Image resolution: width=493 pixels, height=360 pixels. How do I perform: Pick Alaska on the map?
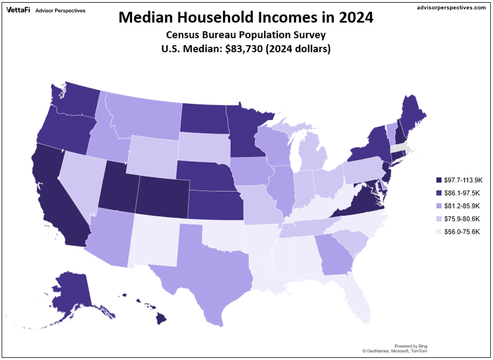pos(69,292)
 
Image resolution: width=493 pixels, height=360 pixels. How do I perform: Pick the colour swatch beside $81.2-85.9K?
pos(438,206)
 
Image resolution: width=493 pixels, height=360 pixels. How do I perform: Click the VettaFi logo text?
pos(18,10)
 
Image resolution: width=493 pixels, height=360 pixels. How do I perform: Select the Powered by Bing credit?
pos(411,346)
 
